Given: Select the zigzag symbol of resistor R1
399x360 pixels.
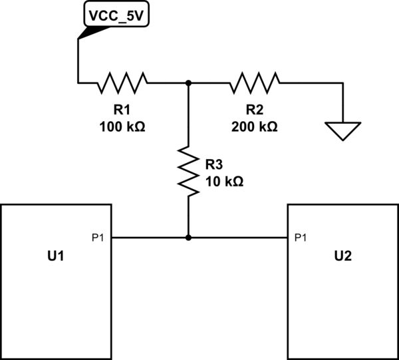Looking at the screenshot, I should pyautogui.click(x=122, y=83).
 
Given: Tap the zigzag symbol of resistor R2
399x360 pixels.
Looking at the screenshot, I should pyautogui.click(x=255, y=83).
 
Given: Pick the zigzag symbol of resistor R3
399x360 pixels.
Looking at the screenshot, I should pyautogui.click(x=189, y=172).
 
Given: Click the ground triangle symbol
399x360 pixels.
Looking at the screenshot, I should pyautogui.click(x=342, y=130).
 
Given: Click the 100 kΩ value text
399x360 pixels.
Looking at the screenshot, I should pyautogui.click(x=121, y=126).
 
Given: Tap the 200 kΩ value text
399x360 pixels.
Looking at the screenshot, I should pyautogui.click(x=254, y=126).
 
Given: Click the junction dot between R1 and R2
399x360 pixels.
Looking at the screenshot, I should pyautogui.click(x=189, y=83).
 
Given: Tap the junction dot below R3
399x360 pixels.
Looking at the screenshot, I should pyautogui.click(x=189, y=237).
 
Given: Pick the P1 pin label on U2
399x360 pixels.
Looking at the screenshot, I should pyautogui.click(x=300, y=237).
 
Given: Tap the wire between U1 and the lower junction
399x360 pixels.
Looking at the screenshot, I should pyautogui.click(x=150, y=237).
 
